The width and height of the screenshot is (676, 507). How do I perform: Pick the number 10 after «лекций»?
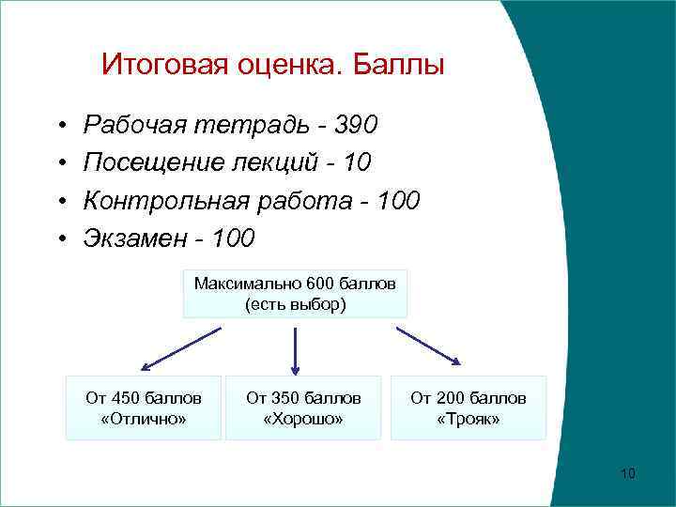[x=358, y=163]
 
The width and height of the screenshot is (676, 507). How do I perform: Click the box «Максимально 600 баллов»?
[x=295, y=283]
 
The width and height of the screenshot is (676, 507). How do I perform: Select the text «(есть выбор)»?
[x=295, y=304]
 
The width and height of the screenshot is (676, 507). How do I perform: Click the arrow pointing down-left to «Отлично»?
[x=180, y=348]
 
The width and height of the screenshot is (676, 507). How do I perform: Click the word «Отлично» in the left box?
[x=143, y=419]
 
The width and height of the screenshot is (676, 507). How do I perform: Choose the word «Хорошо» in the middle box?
[x=303, y=419]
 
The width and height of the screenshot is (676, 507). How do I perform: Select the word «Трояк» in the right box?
[x=469, y=419]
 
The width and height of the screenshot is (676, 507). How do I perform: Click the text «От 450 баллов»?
[x=143, y=398]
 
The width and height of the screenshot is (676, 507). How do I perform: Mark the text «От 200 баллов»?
[x=469, y=398]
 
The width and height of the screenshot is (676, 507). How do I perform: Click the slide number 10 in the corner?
[x=628, y=473]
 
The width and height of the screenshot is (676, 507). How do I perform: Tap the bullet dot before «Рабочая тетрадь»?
[x=59, y=126]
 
